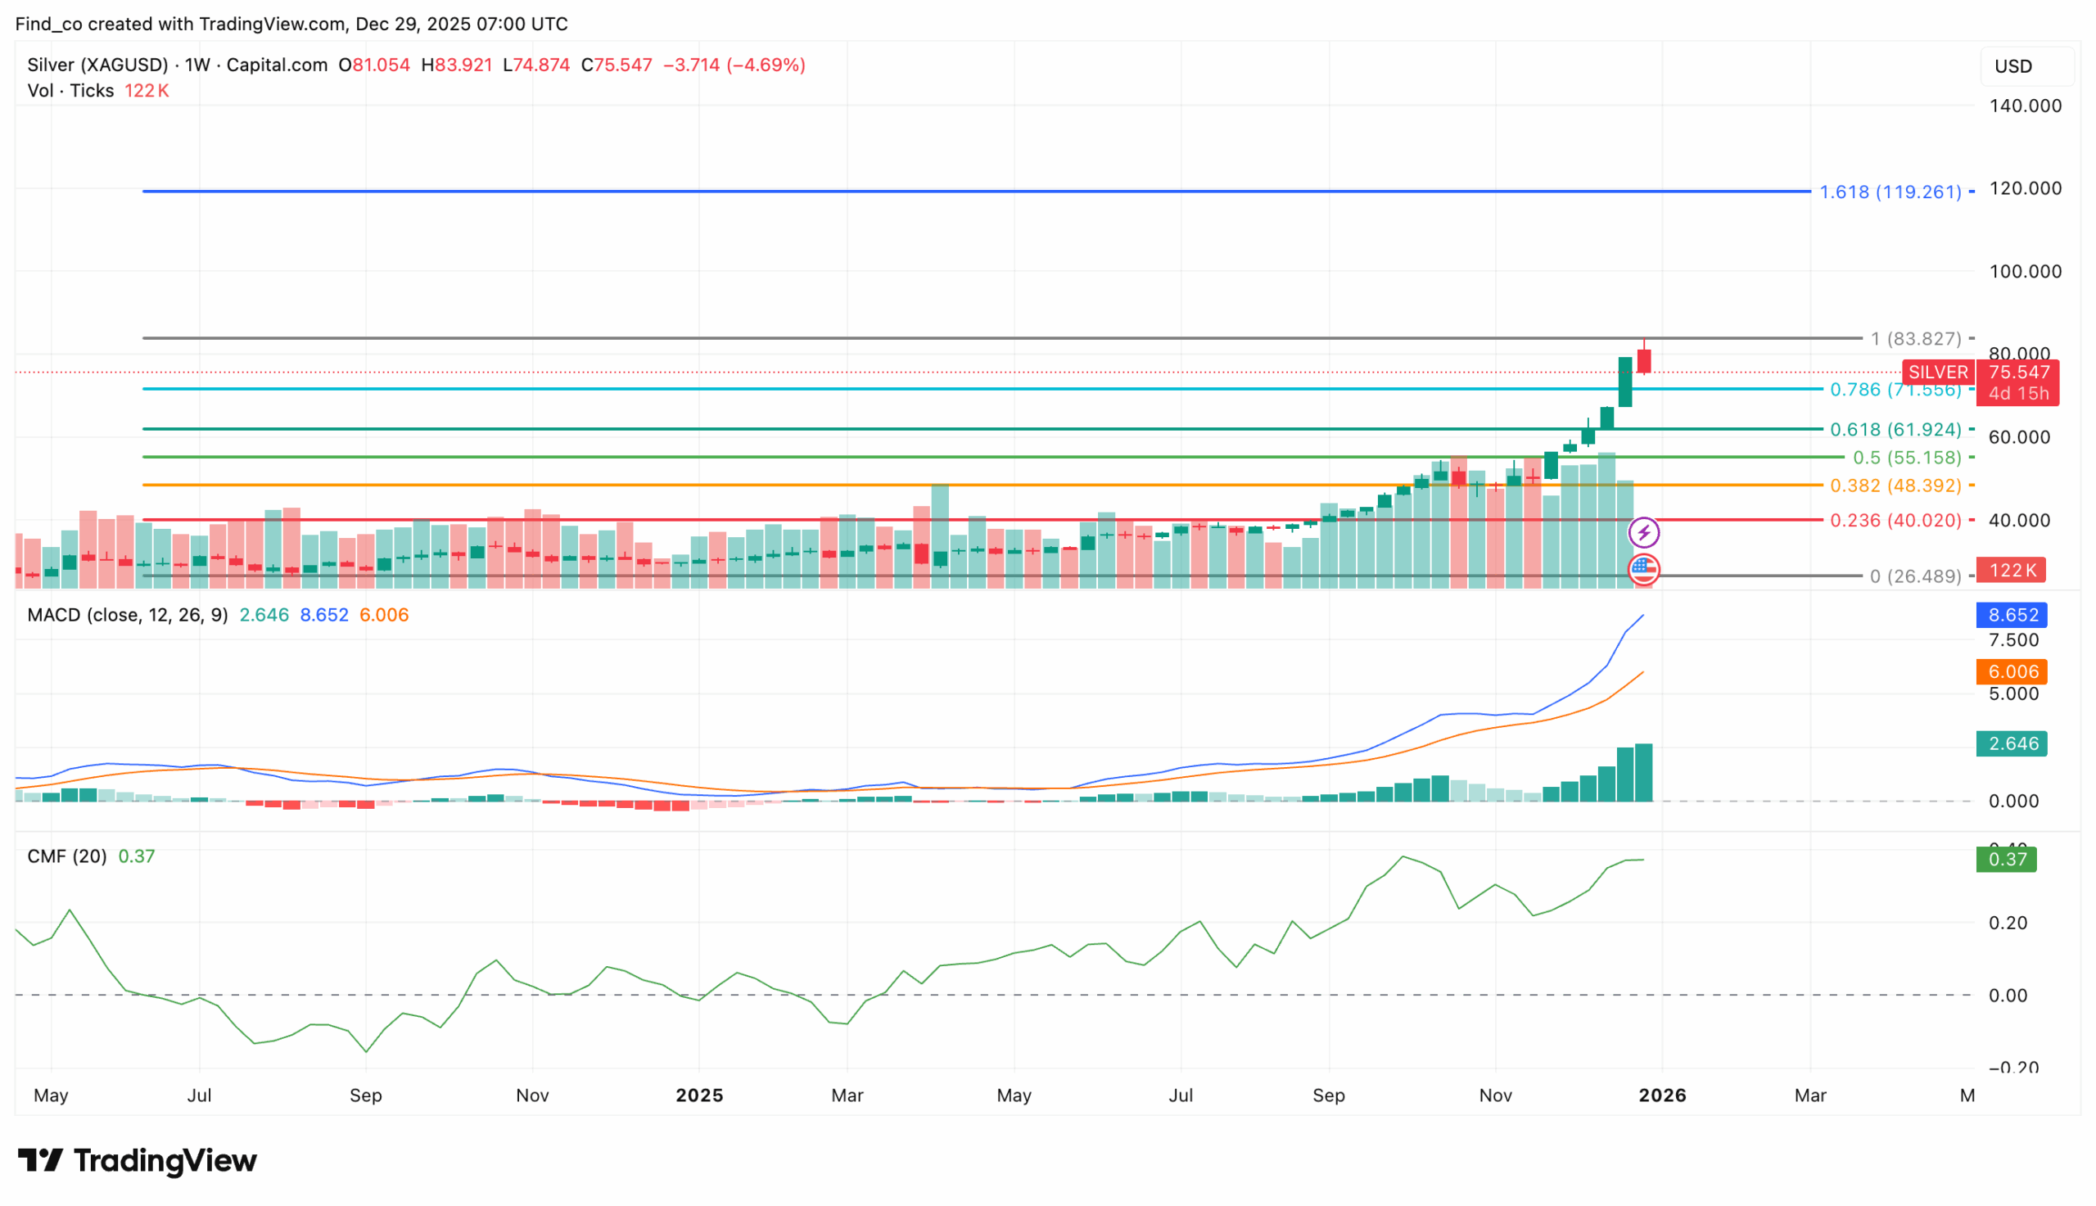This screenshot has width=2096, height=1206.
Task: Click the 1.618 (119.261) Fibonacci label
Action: point(1889,192)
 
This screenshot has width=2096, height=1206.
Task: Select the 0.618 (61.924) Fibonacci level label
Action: point(1895,430)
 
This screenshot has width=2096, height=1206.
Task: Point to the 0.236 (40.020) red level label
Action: point(1895,521)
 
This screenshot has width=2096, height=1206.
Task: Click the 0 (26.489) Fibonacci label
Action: point(1914,576)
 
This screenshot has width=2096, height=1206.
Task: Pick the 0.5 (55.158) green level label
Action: point(1906,458)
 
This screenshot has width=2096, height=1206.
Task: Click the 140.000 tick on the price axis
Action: point(2025,106)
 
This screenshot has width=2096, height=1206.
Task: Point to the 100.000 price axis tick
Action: point(2025,272)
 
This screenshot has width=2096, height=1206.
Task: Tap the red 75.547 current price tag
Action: point(2018,373)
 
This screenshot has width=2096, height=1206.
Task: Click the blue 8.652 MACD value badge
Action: point(2012,616)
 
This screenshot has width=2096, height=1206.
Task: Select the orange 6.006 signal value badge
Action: point(2012,671)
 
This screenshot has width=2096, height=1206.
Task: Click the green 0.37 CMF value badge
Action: point(2007,860)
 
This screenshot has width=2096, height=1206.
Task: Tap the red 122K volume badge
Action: point(2012,571)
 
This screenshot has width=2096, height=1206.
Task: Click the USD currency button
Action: point(2012,66)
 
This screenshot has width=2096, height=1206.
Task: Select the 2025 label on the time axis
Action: point(699,1095)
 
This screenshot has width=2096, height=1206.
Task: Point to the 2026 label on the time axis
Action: point(1662,1095)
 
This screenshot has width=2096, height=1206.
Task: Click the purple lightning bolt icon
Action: point(1644,533)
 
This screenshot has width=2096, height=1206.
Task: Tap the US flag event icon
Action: point(1644,569)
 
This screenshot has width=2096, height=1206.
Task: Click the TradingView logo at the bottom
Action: point(138,1160)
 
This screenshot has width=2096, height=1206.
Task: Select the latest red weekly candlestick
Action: point(1644,361)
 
